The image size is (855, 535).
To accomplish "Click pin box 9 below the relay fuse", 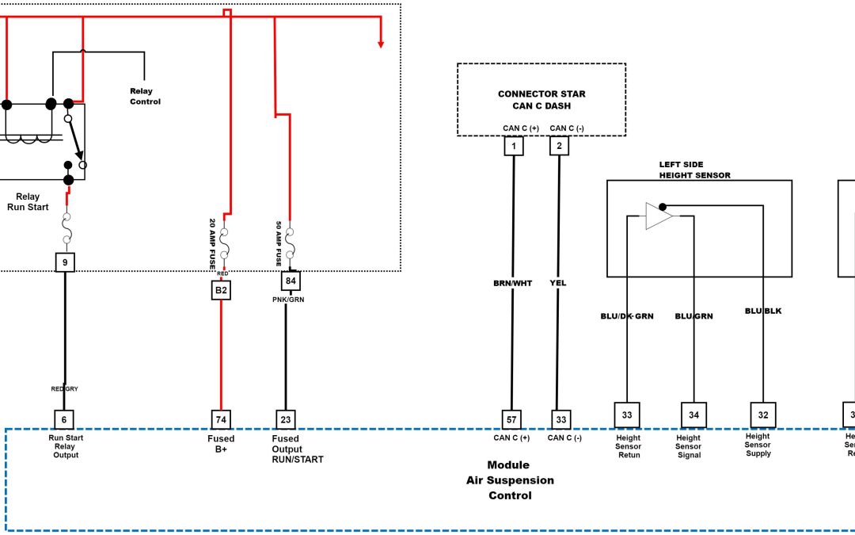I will (65, 262).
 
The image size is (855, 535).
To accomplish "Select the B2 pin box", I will (221, 291).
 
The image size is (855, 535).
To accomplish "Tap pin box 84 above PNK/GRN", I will (291, 281).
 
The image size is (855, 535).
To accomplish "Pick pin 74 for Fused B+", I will (221, 419).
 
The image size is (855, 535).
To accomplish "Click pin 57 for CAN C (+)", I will (512, 419).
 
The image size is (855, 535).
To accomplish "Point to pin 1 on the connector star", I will (513, 146).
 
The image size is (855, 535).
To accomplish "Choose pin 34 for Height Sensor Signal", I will (693, 415).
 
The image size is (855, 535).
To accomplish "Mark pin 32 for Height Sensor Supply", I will (762, 415).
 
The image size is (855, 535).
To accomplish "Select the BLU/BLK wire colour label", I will (763, 311).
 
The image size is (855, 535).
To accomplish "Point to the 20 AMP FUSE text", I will (212, 244).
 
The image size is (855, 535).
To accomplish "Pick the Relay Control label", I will (145, 97).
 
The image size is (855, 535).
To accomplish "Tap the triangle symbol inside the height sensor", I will (658, 216).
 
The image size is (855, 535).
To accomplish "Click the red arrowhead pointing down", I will (381, 44).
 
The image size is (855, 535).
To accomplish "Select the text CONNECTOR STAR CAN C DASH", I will (541, 100).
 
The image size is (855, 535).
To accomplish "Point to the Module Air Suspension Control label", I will (509, 480).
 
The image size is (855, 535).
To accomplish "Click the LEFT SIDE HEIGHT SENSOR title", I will (694, 170).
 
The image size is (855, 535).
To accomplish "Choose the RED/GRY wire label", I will (65, 388).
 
